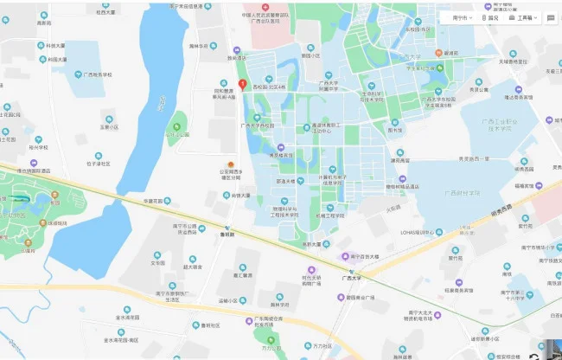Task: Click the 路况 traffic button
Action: pos(491,16)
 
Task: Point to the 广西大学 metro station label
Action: pos(350,279)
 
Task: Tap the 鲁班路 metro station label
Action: pos(227,234)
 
